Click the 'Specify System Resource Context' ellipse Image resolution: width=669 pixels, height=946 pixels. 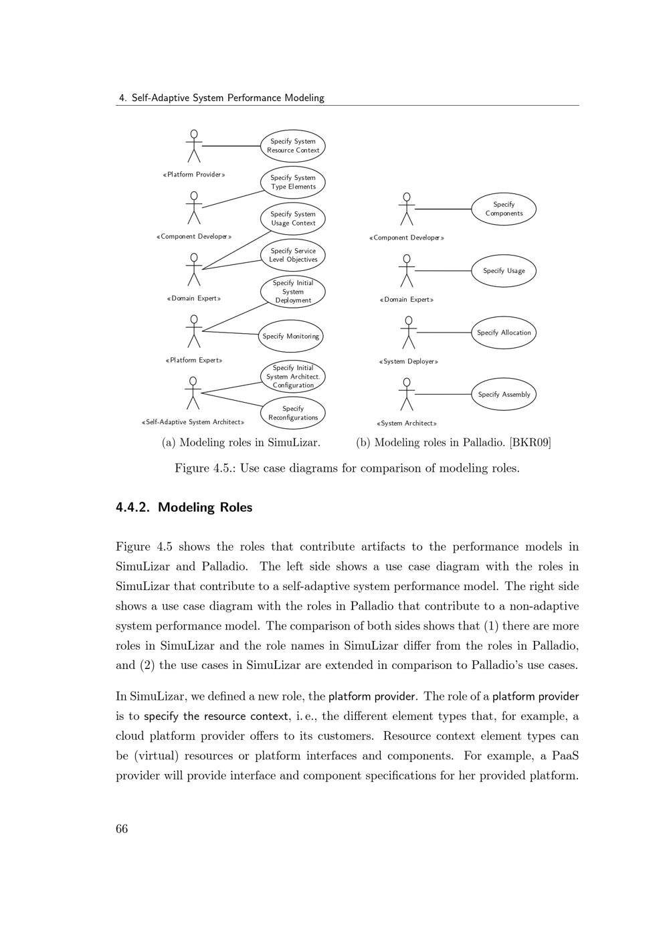tap(292, 146)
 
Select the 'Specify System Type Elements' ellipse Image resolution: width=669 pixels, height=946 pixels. tap(292, 182)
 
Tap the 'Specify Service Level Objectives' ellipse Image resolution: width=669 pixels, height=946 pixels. tap(292, 255)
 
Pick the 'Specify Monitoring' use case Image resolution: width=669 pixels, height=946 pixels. tap(290, 336)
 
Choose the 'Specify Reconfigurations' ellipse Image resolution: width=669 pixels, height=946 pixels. tap(293, 413)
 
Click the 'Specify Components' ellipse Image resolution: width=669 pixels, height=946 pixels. tap(504, 209)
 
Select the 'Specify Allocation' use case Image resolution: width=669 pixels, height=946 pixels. tap(504, 333)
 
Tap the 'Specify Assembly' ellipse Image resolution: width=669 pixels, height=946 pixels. tap(504, 395)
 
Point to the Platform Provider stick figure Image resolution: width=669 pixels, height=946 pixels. tap(194, 146)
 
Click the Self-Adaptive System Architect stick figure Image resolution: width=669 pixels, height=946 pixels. tap(193, 393)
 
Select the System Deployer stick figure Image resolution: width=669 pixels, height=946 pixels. tap(407, 333)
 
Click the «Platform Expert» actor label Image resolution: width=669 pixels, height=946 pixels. tap(194, 361)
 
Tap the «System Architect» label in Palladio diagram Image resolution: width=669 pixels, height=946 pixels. tap(407, 423)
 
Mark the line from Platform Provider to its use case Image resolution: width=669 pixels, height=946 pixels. tap(231, 146)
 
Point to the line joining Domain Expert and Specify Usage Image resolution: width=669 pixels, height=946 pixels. tap(443, 271)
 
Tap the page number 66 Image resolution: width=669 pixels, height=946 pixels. tap(122, 829)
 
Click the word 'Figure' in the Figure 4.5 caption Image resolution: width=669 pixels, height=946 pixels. tap(192, 468)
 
